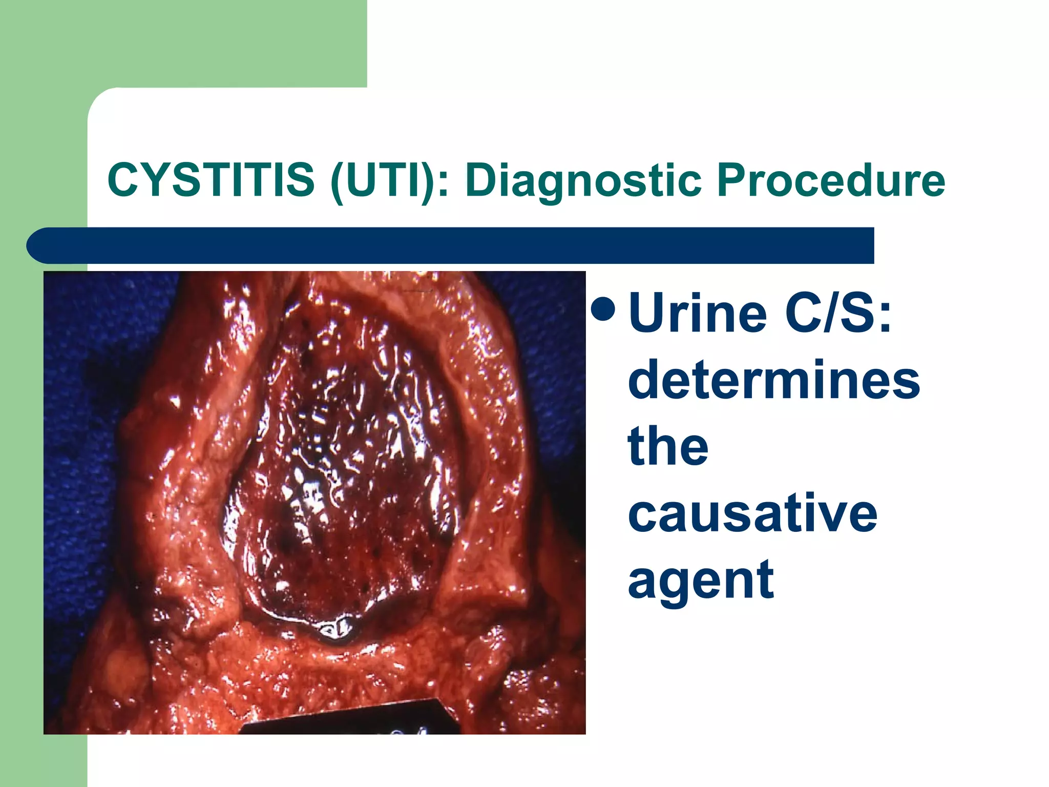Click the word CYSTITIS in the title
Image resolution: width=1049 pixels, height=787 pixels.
[x=211, y=180]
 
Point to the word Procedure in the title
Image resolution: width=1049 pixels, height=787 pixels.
[x=830, y=180]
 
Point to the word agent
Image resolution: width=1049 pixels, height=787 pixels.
[x=700, y=580]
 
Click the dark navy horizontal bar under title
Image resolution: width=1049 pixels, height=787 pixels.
[x=461, y=245]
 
